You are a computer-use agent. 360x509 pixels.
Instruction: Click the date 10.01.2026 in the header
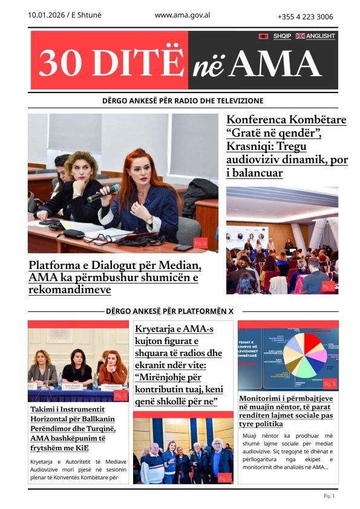coord(47,16)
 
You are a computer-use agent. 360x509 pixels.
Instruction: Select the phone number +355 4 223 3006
coord(305,17)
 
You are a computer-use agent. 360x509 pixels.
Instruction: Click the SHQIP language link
coord(282,36)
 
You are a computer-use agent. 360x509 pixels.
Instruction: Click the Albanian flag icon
coord(264,36)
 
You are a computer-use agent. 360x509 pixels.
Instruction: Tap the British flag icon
coord(300,36)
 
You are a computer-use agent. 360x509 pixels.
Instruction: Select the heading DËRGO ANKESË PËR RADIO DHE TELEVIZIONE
coord(183,101)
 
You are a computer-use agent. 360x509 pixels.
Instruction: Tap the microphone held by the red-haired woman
coord(102,193)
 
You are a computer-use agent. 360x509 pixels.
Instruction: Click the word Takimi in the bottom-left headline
coord(45,409)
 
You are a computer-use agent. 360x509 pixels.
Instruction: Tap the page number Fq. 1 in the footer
coord(329,496)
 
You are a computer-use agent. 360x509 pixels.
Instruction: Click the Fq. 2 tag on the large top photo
coord(200,242)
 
